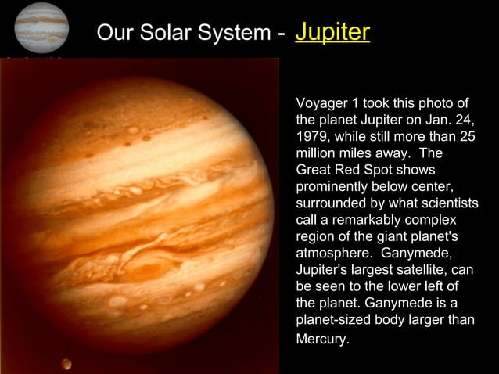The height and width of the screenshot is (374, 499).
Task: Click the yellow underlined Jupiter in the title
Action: click(x=332, y=32)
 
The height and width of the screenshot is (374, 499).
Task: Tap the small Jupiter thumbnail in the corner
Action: click(x=41, y=27)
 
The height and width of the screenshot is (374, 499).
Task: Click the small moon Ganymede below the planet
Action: click(x=66, y=363)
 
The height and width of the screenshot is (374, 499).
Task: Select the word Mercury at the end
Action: click(x=321, y=340)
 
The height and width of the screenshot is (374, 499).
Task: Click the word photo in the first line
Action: click(x=435, y=104)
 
